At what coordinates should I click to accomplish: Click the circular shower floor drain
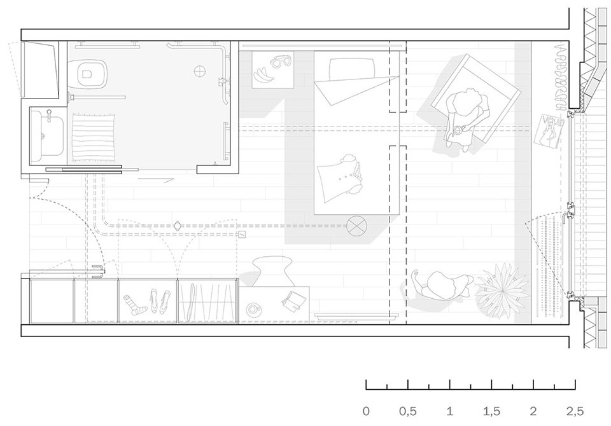199,71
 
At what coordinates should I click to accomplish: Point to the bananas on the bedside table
263,76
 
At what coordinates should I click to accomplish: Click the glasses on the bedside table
281,61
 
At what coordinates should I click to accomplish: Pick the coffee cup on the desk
254,309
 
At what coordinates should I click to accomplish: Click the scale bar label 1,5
491,411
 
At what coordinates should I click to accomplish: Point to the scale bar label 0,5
407,411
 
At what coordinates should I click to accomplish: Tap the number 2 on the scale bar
533,411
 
